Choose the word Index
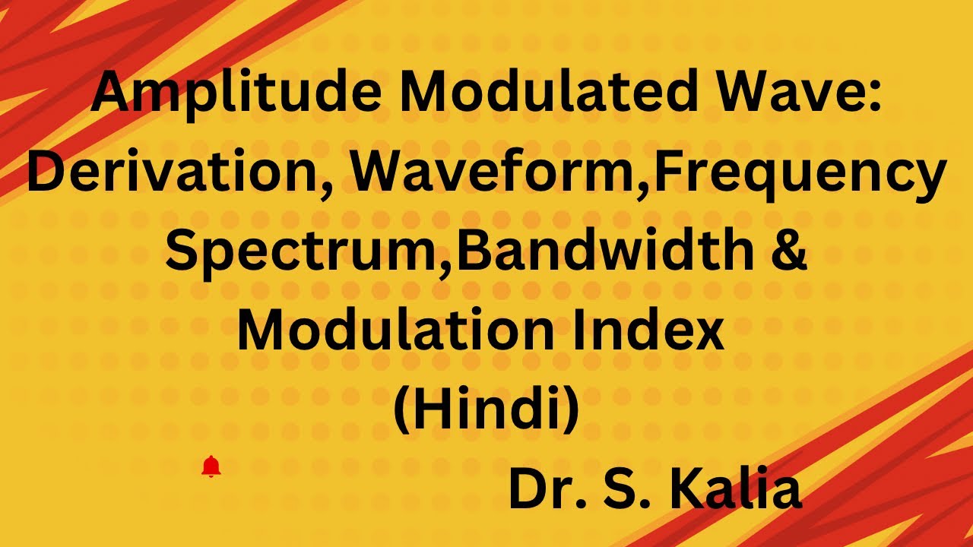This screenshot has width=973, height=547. point(652,333)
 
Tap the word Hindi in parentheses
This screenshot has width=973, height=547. point(486,411)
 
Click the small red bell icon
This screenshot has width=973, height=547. point(211,466)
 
